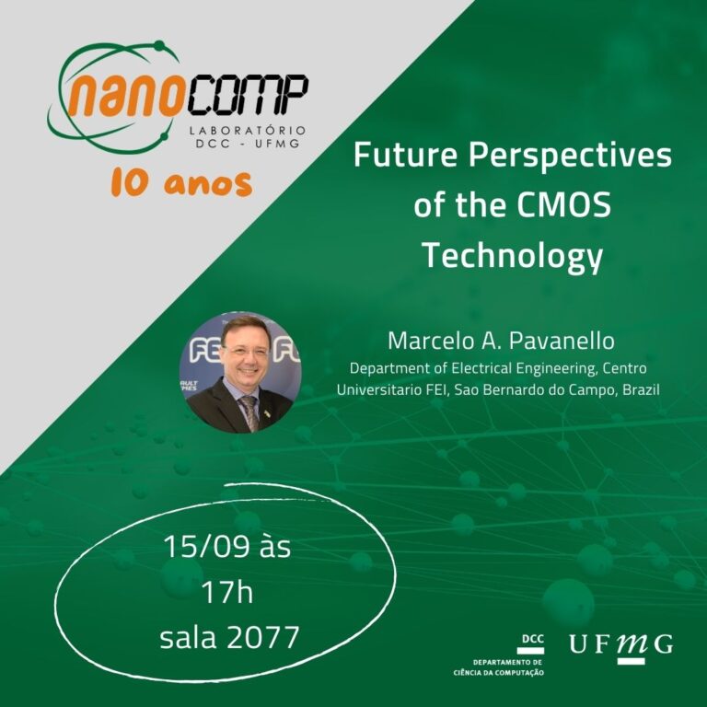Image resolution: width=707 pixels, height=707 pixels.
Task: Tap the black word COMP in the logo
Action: [247, 95]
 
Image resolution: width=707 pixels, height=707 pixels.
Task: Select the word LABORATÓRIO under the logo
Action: [248, 131]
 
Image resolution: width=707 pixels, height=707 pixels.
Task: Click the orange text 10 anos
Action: [181, 183]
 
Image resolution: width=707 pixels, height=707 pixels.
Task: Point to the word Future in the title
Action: [405, 155]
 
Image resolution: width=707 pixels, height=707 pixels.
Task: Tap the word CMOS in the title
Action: [563, 204]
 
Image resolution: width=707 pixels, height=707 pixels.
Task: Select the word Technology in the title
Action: [513, 257]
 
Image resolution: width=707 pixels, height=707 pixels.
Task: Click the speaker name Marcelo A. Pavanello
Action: [501, 341]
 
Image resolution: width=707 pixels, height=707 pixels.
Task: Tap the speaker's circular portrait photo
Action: [241, 373]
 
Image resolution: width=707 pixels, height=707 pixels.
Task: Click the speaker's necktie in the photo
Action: [249, 412]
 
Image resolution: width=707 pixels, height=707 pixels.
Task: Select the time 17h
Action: [227, 592]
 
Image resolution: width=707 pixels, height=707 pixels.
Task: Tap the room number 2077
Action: [263, 637]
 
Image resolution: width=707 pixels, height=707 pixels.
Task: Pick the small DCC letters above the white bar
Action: [533, 640]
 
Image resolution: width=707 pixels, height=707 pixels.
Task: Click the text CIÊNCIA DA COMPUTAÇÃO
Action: [499, 673]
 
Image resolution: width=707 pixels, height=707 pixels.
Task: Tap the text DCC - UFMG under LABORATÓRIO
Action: [248, 144]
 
